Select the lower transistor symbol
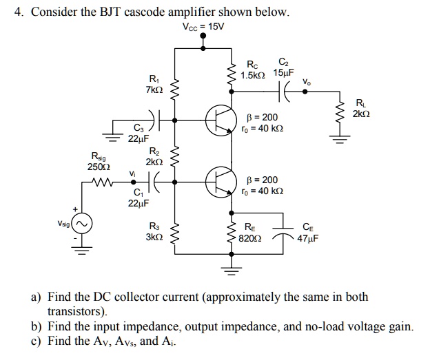pyautogui.click(x=221, y=181)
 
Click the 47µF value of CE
pyautogui.click(x=307, y=238)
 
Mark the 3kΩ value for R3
pyautogui.click(x=153, y=237)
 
